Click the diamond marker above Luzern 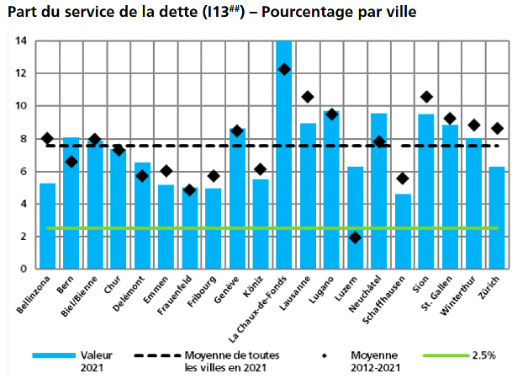point(356,237)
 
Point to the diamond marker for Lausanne point(308,97)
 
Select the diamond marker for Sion point(426,97)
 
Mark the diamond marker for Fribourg point(214,176)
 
